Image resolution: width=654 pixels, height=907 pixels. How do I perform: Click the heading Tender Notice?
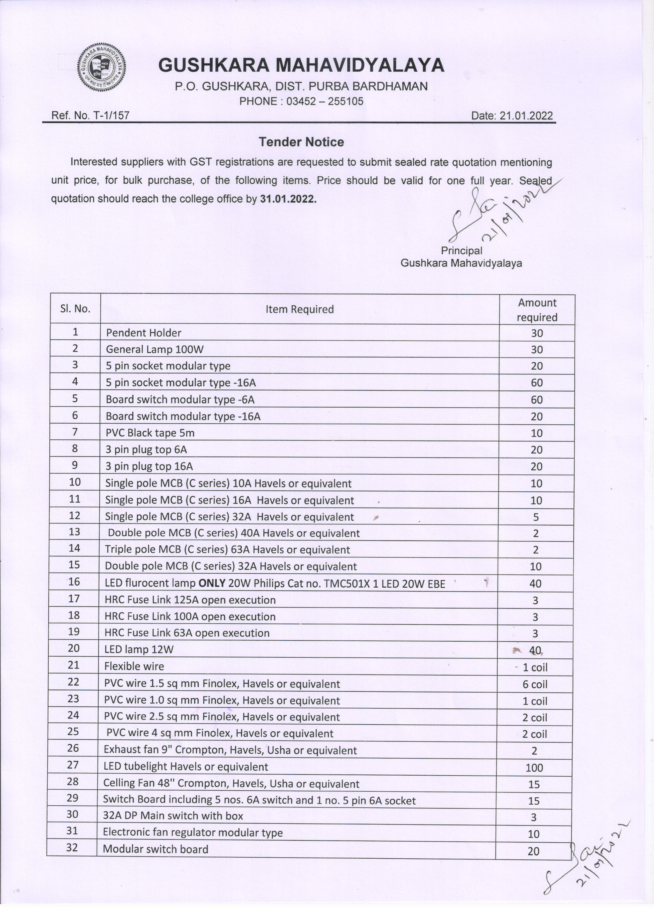point(301,142)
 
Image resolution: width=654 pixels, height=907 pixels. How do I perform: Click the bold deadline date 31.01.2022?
point(288,199)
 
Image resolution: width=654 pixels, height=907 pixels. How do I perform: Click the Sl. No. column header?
point(75,309)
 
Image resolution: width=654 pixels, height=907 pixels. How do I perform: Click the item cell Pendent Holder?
point(144,333)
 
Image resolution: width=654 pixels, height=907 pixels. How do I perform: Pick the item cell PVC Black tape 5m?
point(150,433)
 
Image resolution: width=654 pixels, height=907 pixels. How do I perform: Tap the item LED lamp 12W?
point(139,649)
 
